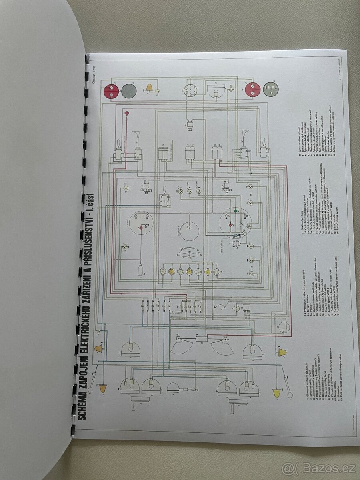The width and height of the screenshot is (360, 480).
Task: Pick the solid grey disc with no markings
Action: [x=129, y=91]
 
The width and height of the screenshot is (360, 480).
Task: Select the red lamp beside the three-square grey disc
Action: [x=252, y=89]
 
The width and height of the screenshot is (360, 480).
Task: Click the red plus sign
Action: [x=127, y=114]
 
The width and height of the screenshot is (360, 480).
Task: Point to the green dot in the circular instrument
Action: [x=236, y=210]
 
